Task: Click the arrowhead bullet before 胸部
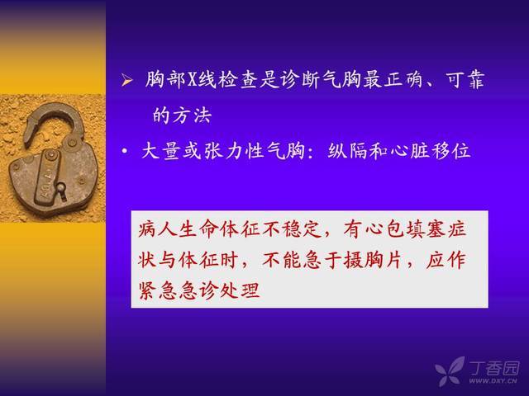(x=126, y=81)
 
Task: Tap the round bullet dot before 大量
(x=125, y=151)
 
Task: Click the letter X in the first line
(x=192, y=81)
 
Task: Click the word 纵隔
(x=348, y=150)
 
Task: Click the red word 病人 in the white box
(x=158, y=229)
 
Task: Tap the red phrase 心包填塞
(x=384, y=229)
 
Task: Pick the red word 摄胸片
(x=373, y=260)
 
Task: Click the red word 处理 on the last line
(x=239, y=290)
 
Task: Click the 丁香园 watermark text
(x=494, y=368)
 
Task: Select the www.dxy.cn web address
(x=493, y=381)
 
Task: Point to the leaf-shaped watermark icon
(x=450, y=371)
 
